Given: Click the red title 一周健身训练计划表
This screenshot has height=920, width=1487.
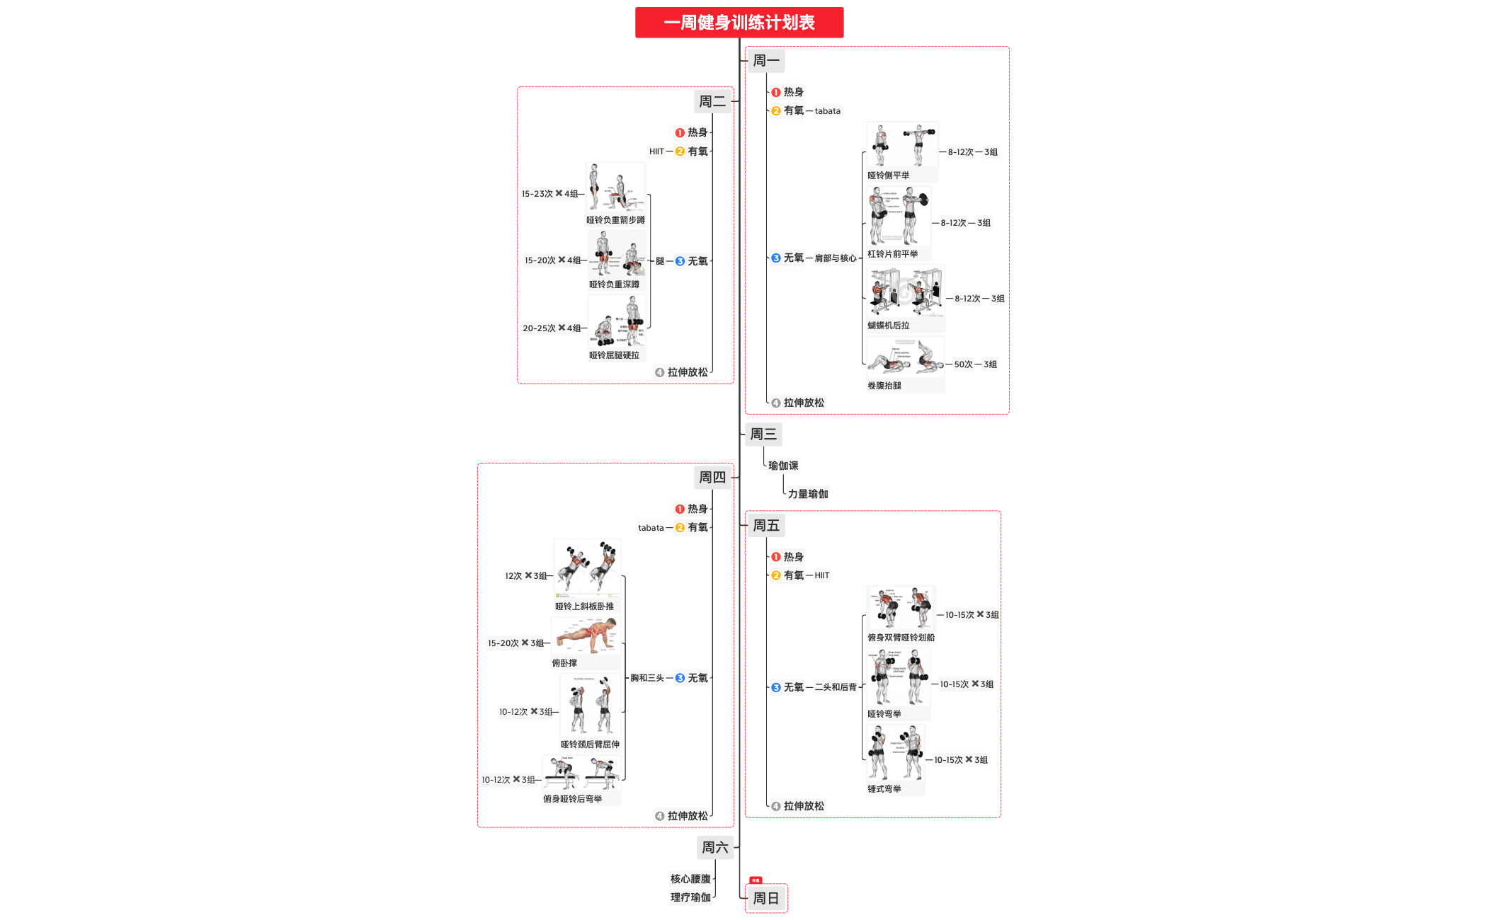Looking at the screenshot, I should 739,23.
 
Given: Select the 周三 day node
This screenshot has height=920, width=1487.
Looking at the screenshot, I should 763,434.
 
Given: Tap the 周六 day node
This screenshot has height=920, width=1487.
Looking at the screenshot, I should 714,847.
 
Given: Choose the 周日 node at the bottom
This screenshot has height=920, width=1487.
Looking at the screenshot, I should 765,898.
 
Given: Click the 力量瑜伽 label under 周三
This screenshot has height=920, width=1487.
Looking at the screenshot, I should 807,494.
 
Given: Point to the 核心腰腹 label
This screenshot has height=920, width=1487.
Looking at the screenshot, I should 690,879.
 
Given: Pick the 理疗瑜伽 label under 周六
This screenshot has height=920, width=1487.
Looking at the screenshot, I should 690,897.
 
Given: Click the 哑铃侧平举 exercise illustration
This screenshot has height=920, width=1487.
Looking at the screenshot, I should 901,145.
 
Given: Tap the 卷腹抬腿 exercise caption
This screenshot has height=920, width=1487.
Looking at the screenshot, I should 884,386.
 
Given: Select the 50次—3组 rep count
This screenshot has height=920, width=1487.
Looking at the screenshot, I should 975,364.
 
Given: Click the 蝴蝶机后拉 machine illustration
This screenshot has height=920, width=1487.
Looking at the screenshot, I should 906,291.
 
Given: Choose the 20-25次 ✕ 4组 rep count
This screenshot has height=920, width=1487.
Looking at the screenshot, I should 552,328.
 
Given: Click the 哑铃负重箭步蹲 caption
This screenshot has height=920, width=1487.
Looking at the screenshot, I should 615,220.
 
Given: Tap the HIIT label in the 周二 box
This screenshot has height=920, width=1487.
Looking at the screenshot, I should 656,151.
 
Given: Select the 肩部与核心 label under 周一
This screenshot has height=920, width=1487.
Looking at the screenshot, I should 835,258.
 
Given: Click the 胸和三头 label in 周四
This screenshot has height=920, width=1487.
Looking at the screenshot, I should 646,678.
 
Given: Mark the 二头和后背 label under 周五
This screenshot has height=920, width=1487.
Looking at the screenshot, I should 835,687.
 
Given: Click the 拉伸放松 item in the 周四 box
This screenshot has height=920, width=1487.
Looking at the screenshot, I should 687,816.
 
